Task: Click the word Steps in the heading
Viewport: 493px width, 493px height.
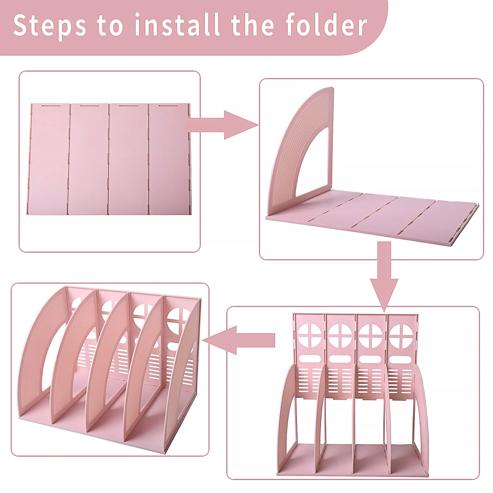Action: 50,26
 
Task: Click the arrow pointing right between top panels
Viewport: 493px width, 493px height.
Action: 222,125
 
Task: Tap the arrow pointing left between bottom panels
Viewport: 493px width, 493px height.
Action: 238,340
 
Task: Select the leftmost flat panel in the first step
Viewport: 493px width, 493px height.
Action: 49,159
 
